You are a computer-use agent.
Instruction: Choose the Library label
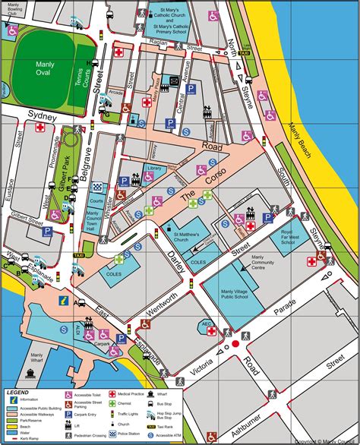coord(154,168)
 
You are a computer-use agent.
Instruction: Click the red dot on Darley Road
coord(235,344)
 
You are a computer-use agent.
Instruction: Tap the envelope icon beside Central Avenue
coord(175,79)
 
